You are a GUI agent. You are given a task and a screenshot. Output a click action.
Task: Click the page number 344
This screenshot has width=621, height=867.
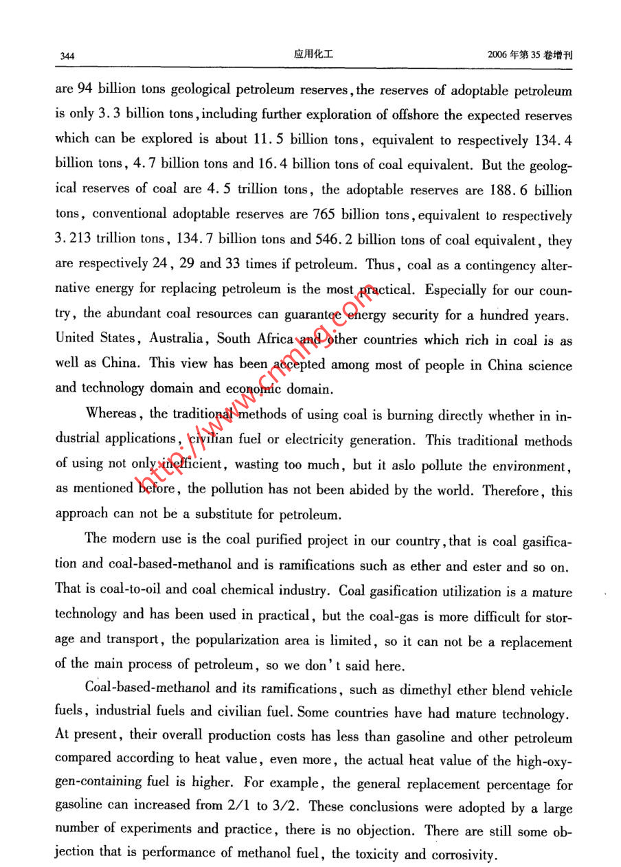[x=67, y=56]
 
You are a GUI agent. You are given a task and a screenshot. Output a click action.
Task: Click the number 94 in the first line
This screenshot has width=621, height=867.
[x=84, y=89]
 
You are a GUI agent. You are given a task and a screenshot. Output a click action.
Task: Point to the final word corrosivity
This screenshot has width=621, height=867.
[x=463, y=856]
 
